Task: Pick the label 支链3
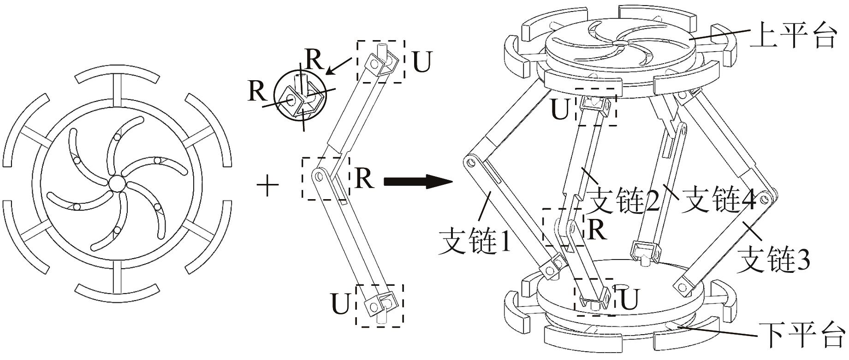pyautogui.click(x=773, y=259)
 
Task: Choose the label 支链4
pyautogui.click(x=718, y=200)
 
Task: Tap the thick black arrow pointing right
pyautogui.click(x=417, y=181)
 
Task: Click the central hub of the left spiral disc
pyautogui.click(x=117, y=183)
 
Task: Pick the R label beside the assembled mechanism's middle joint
pyautogui.click(x=597, y=229)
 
